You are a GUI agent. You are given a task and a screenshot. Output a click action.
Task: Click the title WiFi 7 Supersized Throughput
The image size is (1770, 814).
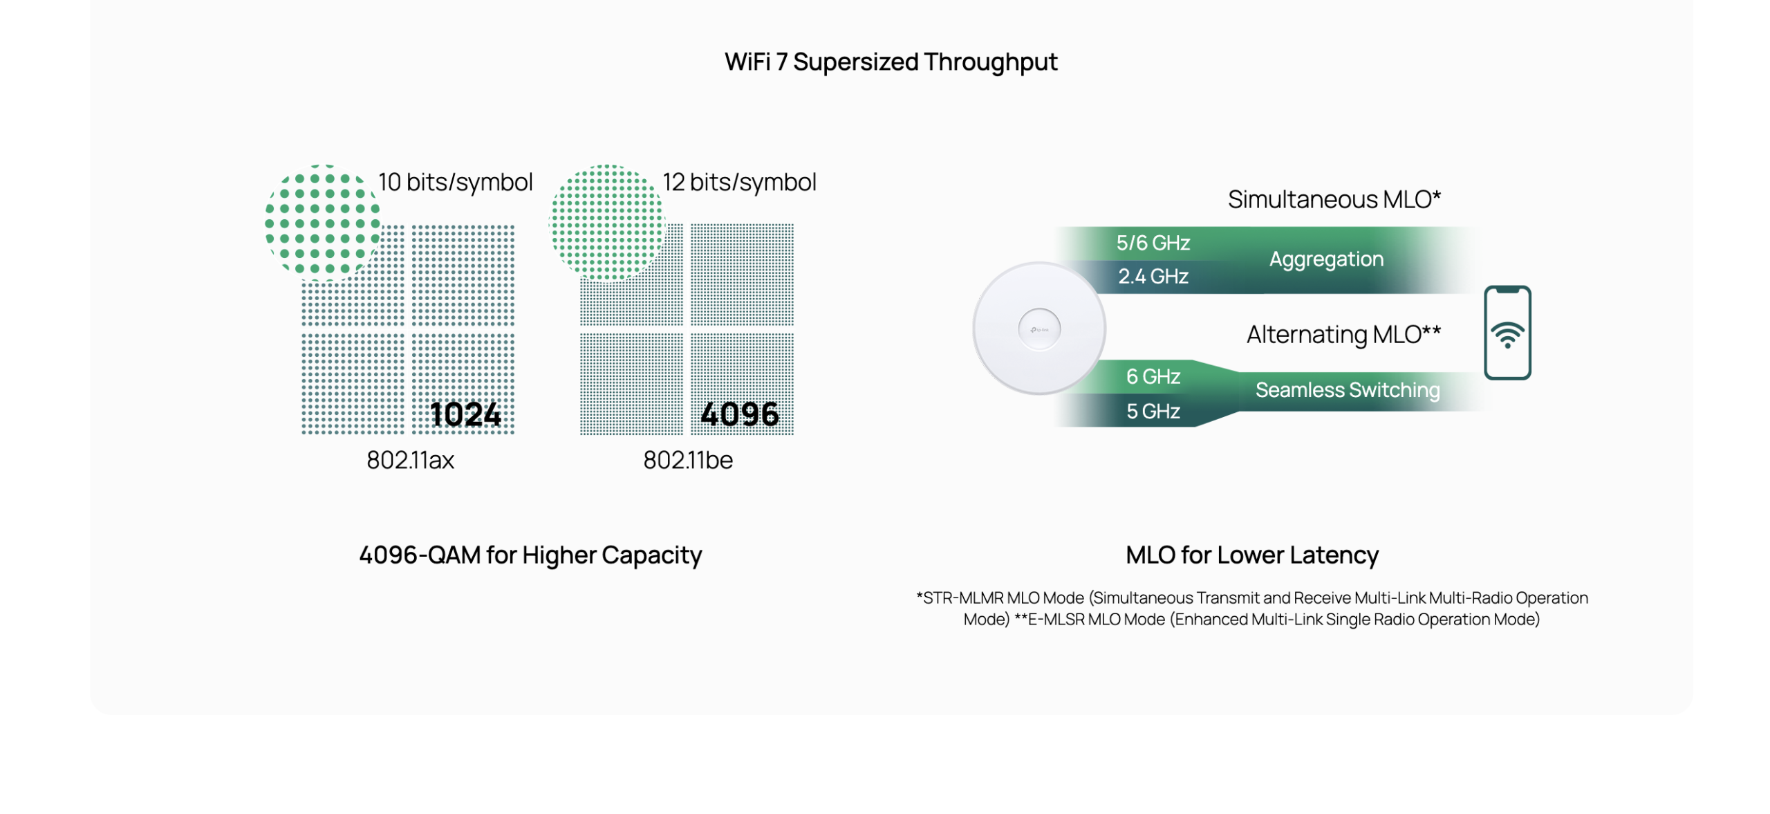pos(891,62)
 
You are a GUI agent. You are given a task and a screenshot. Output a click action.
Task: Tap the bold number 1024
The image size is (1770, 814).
pos(465,414)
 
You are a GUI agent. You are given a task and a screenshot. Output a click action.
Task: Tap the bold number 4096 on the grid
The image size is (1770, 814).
pos(739,414)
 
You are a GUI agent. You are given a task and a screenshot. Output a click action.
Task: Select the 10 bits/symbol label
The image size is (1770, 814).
pos(456,182)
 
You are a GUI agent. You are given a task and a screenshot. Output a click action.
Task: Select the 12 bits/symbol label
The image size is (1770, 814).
pos(739,182)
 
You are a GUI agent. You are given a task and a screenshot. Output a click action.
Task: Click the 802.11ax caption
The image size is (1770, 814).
pos(410,460)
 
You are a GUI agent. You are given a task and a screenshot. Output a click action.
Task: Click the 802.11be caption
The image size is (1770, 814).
pos(687,460)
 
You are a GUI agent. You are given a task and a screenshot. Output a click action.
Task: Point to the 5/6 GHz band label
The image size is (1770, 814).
pos(1153,243)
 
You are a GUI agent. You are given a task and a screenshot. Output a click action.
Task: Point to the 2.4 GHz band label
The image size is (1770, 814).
pos(1153,276)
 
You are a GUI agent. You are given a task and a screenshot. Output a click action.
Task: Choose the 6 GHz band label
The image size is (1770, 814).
pos(1153,376)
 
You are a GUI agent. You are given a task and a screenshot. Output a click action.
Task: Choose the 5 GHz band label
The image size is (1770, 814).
pos(1153,411)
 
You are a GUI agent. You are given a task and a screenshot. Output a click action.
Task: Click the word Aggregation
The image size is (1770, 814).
pos(1325,259)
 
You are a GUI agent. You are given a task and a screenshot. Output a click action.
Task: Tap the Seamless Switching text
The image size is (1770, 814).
pos(1347,389)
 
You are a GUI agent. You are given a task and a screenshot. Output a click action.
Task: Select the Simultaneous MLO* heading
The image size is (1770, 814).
pos(1334,199)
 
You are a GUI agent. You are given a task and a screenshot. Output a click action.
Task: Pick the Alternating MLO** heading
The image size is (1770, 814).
pos(1343,334)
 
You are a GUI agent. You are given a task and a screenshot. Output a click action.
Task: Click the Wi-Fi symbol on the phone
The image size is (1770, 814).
pos(1507,334)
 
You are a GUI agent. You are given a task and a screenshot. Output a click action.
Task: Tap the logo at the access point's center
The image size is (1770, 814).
pos(1038,329)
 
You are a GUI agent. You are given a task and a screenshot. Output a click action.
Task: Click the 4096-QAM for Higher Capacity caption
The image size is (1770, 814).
pos(530,555)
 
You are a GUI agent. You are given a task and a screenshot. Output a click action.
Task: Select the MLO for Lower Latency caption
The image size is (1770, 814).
pos(1251,555)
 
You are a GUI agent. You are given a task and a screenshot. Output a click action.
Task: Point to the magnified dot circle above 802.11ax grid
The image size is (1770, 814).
pos(322,223)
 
